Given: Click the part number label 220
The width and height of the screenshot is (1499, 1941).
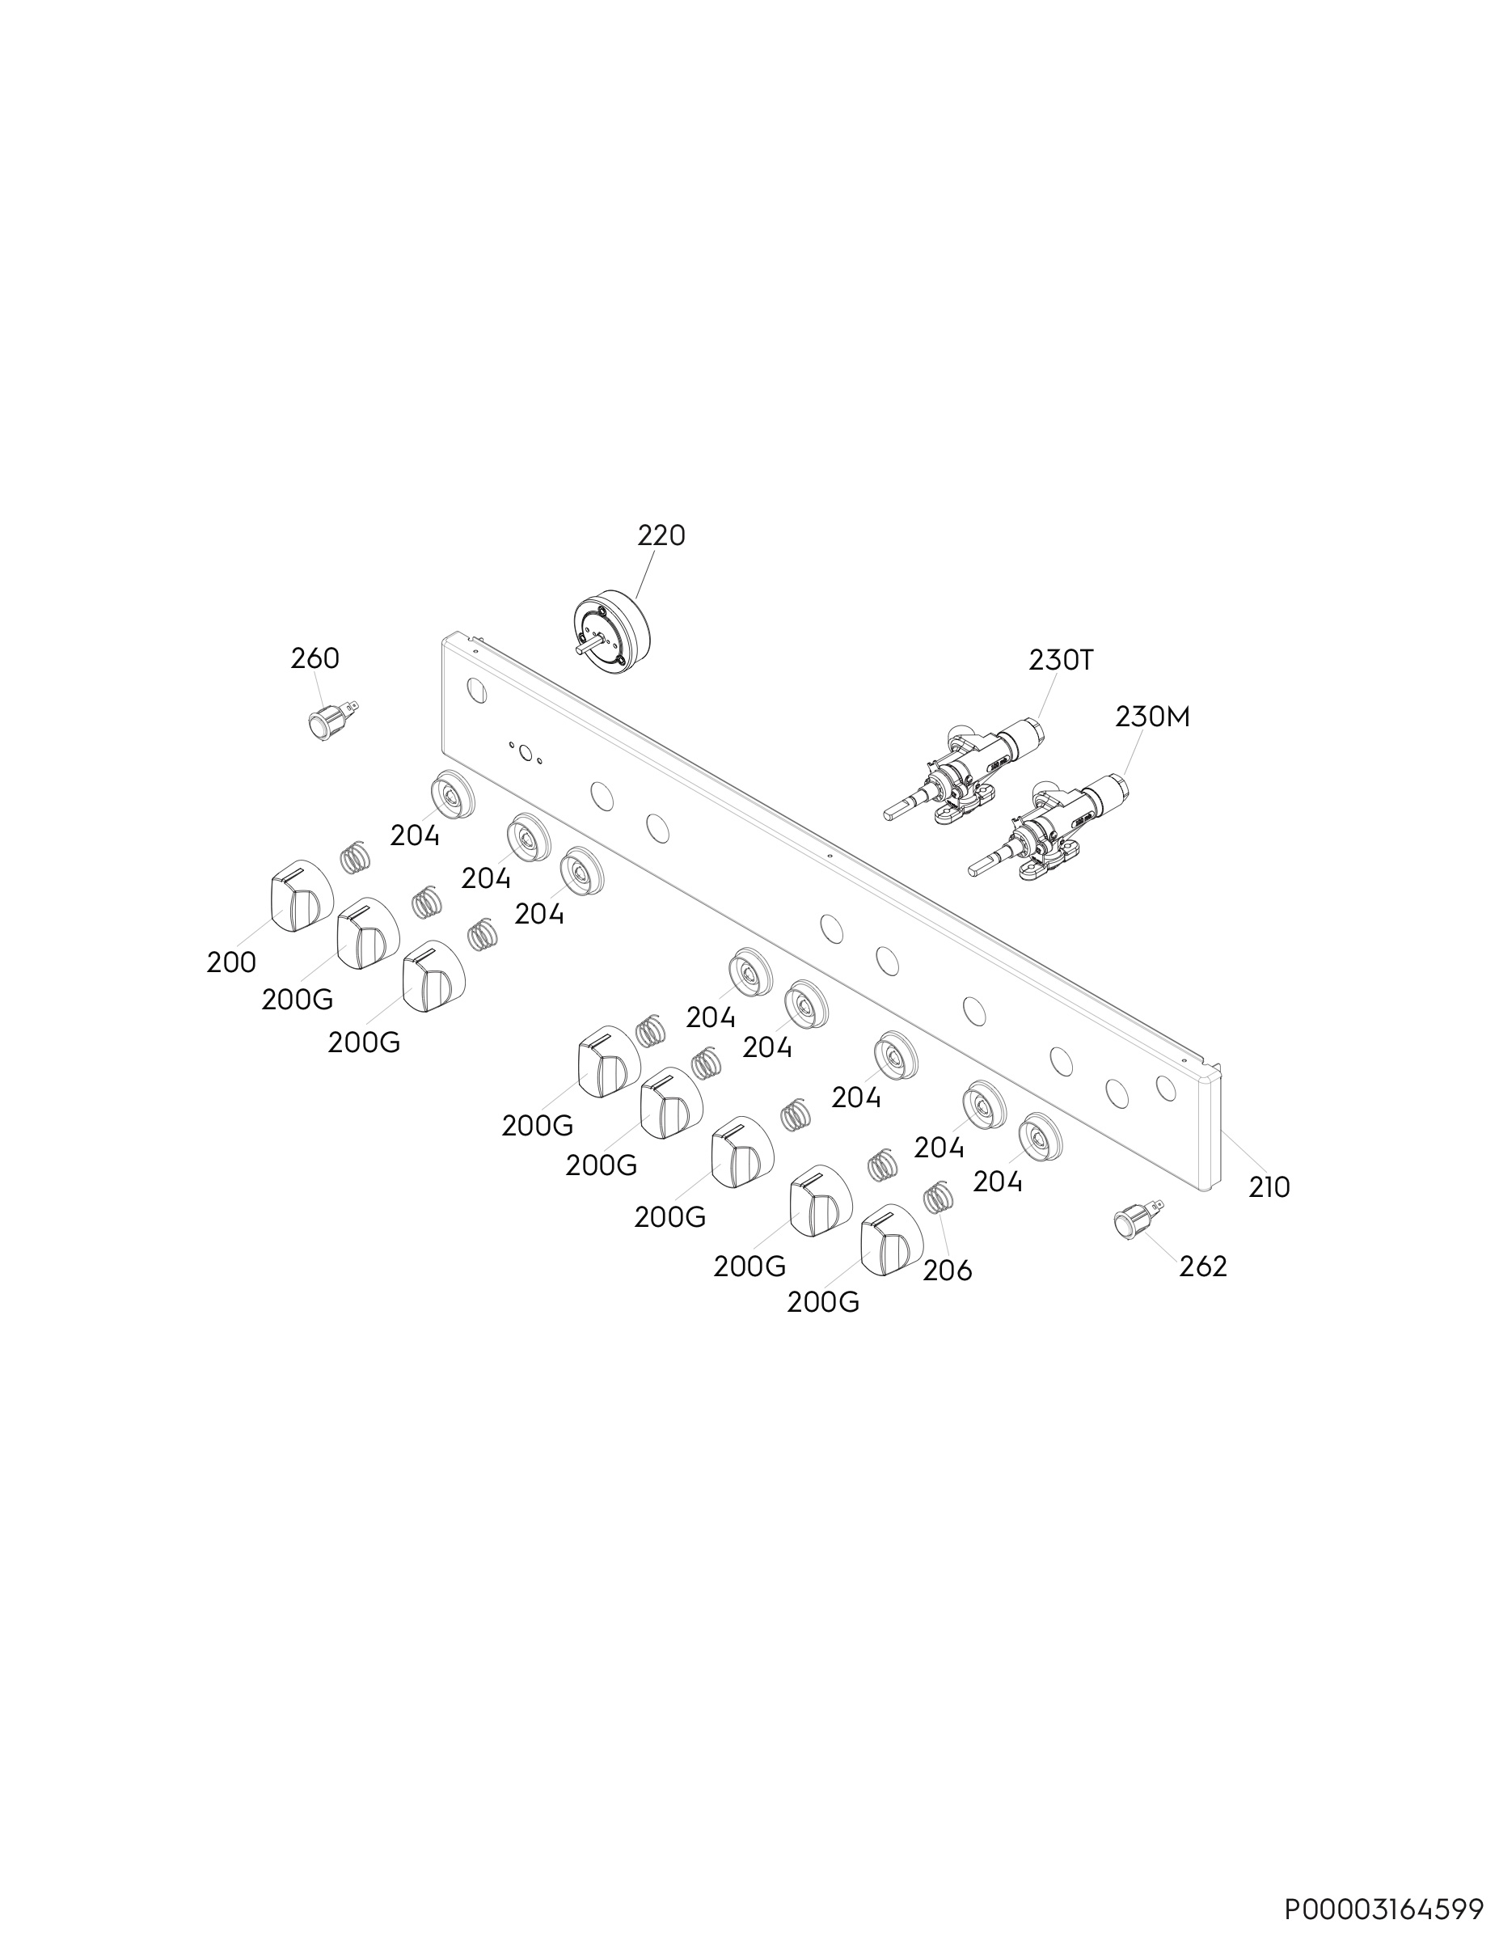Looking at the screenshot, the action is pyautogui.click(x=661, y=536).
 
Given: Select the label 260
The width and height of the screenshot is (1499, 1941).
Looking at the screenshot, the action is pyautogui.click(x=315, y=658).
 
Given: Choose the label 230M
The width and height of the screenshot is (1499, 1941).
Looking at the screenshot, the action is pyautogui.click(x=1152, y=717).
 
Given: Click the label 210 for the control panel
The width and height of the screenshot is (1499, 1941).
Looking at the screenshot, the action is pyautogui.click(x=1269, y=1187).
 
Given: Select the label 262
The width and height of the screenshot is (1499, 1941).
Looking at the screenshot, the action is pyautogui.click(x=1203, y=1267).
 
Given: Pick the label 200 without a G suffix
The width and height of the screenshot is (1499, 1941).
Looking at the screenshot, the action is pyautogui.click(x=231, y=962).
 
